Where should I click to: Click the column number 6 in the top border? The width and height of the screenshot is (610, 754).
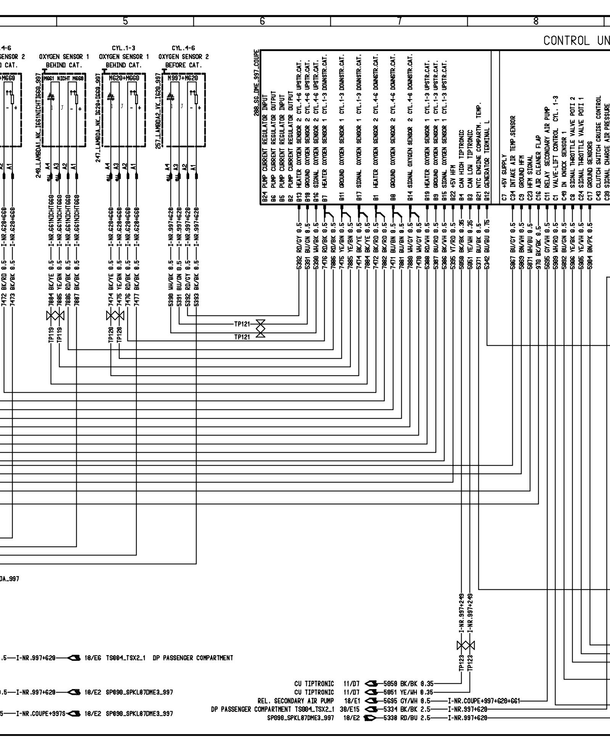click(262, 21)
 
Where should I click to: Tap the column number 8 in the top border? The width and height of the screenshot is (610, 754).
click(536, 21)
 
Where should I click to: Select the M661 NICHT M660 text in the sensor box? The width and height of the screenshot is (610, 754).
click(64, 78)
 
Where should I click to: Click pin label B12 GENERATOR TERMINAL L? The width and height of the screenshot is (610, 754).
click(487, 161)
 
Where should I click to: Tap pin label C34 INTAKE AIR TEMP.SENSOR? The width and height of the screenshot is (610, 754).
click(513, 158)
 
